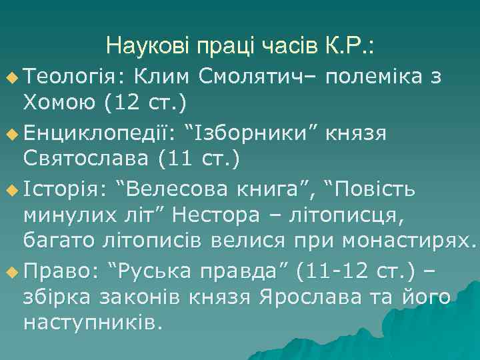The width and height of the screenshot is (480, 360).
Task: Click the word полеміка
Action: [x=375, y=77]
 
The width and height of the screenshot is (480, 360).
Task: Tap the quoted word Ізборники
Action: [x=253, y=133]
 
